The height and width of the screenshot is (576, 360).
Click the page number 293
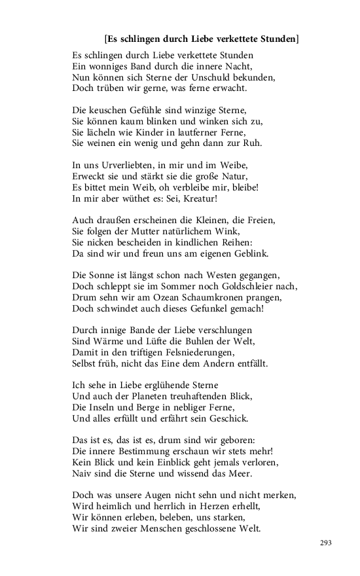pos(326,543)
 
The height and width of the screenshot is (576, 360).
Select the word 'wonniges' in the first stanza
pos(110,66)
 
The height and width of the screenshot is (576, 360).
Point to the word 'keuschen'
pos(109,111)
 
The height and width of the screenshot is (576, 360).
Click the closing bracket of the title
pos(297,39)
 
